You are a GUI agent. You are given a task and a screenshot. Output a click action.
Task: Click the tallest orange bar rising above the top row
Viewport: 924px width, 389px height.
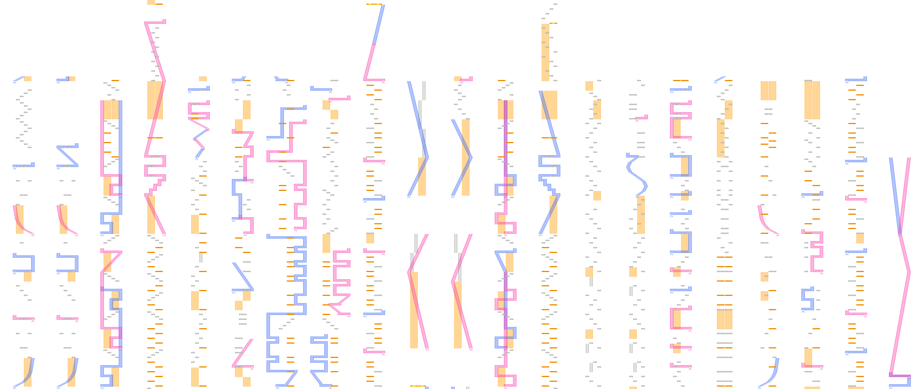click(x=545, y=52)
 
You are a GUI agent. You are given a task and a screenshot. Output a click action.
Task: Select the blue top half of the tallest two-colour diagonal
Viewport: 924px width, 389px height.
click(x=380, y=24)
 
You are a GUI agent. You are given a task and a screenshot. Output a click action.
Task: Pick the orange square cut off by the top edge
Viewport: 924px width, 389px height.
click(x=151, y=2)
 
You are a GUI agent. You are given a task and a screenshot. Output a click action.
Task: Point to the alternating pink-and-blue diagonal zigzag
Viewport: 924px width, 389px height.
click(x=199, y=135)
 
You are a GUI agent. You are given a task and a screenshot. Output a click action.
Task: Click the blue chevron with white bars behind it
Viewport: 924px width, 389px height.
click(x=418, y=139)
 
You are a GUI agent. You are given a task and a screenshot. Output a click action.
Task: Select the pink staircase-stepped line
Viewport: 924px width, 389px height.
click(x=157, y=185)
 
